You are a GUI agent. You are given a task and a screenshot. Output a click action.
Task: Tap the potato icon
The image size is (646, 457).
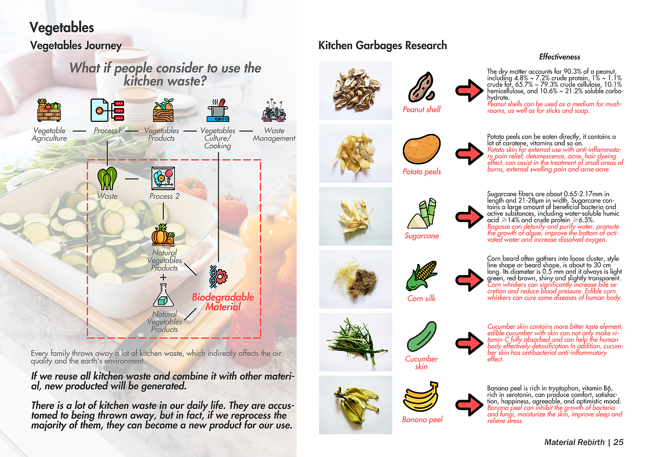click(421, 149)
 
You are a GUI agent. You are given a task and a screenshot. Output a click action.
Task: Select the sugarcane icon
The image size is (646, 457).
click(422, 213)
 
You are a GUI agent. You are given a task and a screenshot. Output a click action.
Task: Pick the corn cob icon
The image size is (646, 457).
click(421, 276)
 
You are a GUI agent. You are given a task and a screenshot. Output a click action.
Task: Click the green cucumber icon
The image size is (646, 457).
click(421, 337)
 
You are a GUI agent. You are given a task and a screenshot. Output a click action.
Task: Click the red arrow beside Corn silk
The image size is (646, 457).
click(469, 280)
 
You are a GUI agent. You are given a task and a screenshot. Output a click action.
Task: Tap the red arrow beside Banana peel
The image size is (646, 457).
click(469, 405)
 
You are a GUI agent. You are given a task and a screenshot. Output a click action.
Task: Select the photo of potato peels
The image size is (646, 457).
click(355, 153)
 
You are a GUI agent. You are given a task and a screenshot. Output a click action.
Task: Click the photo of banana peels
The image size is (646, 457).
click(355, 405)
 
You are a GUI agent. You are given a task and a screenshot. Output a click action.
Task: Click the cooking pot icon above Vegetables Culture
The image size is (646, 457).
click(218, 110)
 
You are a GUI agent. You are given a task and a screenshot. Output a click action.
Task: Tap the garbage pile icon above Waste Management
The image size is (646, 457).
click(274, 110)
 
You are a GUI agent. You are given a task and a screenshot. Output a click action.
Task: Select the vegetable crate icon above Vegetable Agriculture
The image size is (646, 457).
click(49, 110)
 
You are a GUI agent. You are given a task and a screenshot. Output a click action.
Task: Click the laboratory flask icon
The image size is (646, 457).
click(163, 295)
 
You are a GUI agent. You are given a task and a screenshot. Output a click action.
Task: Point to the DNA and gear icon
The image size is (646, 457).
click(218, 277)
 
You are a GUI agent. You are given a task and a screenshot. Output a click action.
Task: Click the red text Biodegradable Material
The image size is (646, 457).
click(223, 302)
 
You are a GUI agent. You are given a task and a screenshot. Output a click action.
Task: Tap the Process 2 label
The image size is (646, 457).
click(164, 196)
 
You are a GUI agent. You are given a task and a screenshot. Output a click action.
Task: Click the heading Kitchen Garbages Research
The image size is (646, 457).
click(383, 45)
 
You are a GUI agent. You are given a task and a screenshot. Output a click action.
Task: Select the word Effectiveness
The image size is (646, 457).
click(559, 57)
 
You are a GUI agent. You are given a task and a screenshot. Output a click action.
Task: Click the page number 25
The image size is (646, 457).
click(618, 442)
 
